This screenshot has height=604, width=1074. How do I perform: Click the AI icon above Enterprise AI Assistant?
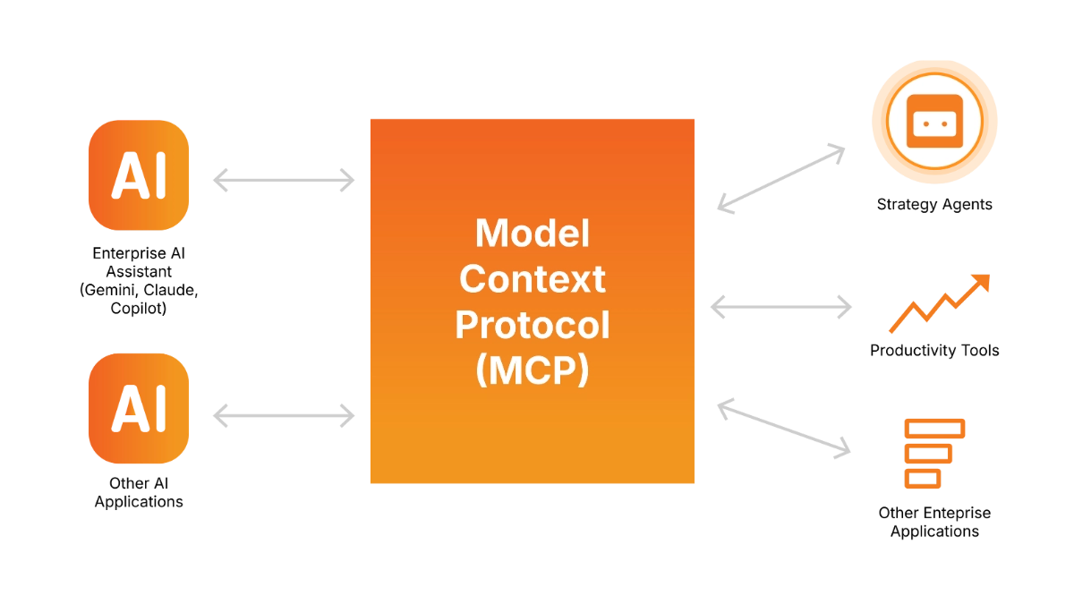tap(139, 175)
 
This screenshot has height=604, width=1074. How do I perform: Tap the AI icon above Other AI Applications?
tap(139, 408)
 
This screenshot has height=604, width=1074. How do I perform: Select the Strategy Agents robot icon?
tap(934, 122)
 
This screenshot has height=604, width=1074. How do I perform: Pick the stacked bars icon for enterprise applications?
tap(934, 454)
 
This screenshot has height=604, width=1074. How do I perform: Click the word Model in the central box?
tap(533, 234)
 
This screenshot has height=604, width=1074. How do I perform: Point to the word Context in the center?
tap(533, 279)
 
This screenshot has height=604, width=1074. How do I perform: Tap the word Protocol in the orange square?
tap(533, 325)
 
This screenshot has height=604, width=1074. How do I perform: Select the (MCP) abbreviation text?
tap(533, 370)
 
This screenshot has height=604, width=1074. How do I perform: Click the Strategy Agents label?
tap(934, 205)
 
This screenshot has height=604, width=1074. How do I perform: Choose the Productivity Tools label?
tap(934, 351)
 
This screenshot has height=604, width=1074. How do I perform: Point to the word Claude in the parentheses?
tap(171, 291)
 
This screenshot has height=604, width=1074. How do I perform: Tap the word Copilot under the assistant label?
tap(136, 308)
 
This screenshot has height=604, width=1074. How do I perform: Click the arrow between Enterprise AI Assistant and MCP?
tap(284, 180)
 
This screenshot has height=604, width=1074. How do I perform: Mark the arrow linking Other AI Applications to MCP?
tap(284, 415)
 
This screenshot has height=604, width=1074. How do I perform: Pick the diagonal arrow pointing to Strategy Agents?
tap(781, 178)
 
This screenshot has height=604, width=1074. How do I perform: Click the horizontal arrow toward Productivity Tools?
tap(781, 307)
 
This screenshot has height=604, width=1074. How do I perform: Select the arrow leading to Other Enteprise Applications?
tap(784, 428)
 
